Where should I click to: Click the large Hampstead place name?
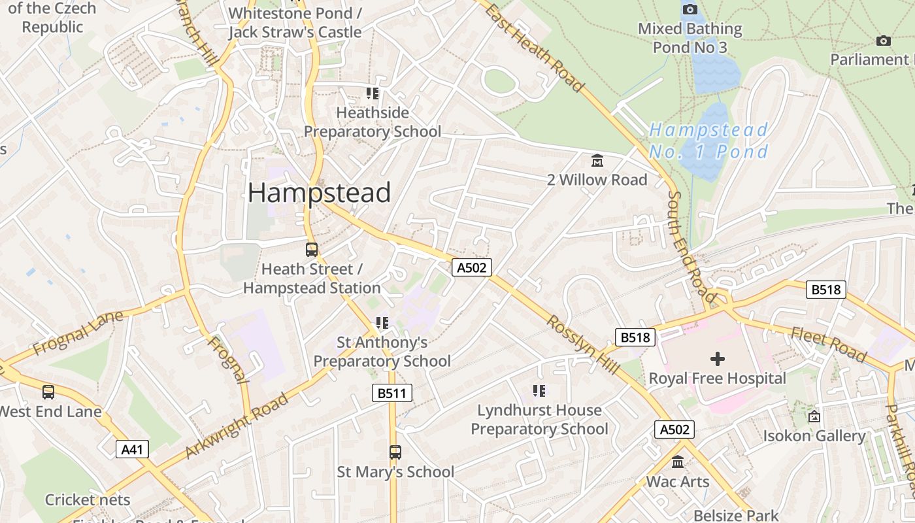[x=319, y=193]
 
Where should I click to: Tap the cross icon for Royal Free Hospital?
[x=717, y=358]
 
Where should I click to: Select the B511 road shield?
[x=392, y=393]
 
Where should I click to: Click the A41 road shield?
[x=132, y=449]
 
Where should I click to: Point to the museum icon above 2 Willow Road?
[x=597, y=160]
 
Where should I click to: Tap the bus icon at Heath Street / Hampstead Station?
[x=312, y=249]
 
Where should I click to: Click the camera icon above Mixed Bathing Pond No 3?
[x=690, y=9]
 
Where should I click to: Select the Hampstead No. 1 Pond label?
[x=708, y=141]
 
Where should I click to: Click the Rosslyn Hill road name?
[x=583, y=345]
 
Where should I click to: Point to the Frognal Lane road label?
[x=77, y=333]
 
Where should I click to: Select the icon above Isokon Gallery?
[x=814, y=416]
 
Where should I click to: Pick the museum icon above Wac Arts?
[x=678, y=462]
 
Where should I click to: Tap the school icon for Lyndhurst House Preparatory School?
[x=539, y=391]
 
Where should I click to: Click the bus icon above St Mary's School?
[x=395, y=452]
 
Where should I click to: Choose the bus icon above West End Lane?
[x=48, y=392]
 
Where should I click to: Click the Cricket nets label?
[x=88, y=500]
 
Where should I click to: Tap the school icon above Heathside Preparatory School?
[x=373, y=93]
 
